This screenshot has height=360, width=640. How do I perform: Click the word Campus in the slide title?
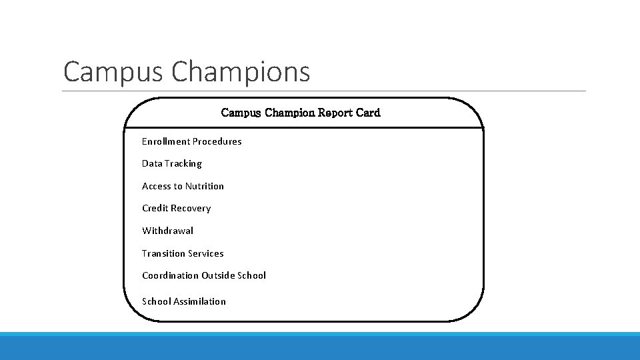point(114,72)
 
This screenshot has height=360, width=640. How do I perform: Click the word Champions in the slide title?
point(241,72)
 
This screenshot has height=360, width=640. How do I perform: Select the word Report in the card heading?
point(337,113)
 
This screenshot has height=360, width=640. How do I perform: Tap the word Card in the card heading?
point(368,113)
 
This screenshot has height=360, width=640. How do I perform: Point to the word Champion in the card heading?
point(290,113)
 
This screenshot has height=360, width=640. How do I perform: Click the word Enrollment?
point(166,141)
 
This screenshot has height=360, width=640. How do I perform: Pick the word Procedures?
point(217,141)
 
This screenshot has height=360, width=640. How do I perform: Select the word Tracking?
point(183,163)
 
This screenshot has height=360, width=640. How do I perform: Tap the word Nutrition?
point(205,186)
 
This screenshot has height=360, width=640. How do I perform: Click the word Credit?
point(155,208)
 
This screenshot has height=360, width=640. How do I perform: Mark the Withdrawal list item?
point(167,231)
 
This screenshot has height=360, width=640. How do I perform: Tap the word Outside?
point(218,275)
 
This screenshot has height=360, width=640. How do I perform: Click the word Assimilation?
point(199,301)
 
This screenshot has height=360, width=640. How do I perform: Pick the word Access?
point(156,186)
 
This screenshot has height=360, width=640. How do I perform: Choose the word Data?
point(151,163)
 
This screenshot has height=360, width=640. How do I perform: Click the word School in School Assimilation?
point(156,301)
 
